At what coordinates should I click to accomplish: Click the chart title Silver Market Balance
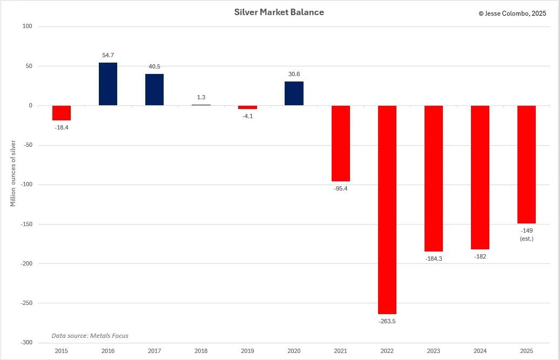pos(279,12)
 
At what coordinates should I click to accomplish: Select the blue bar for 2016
pos(107,84)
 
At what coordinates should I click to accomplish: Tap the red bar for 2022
pos(387,209)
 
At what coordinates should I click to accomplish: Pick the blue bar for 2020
pos(294,93)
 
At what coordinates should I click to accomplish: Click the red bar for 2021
pos(340,144)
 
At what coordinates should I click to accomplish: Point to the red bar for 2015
pos(62,113)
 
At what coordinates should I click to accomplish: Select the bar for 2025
pos(526,165)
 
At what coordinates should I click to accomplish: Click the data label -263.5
pos(387,321)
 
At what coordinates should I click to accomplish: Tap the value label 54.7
pos(108,55)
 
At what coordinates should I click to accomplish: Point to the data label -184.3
pos(433,259)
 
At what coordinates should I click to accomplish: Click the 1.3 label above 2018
pos(201,97)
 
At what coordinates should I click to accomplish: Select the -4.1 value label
pos(247,116)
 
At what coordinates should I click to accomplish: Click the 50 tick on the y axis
pos(29,66)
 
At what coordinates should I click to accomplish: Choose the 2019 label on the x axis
pos(247,351)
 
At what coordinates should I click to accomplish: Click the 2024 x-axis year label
pos(480,351)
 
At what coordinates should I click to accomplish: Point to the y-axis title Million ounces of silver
pos(13,173)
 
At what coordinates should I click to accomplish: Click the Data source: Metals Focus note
pos(90,336)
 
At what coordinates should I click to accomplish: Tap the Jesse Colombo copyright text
pos(512,13)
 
